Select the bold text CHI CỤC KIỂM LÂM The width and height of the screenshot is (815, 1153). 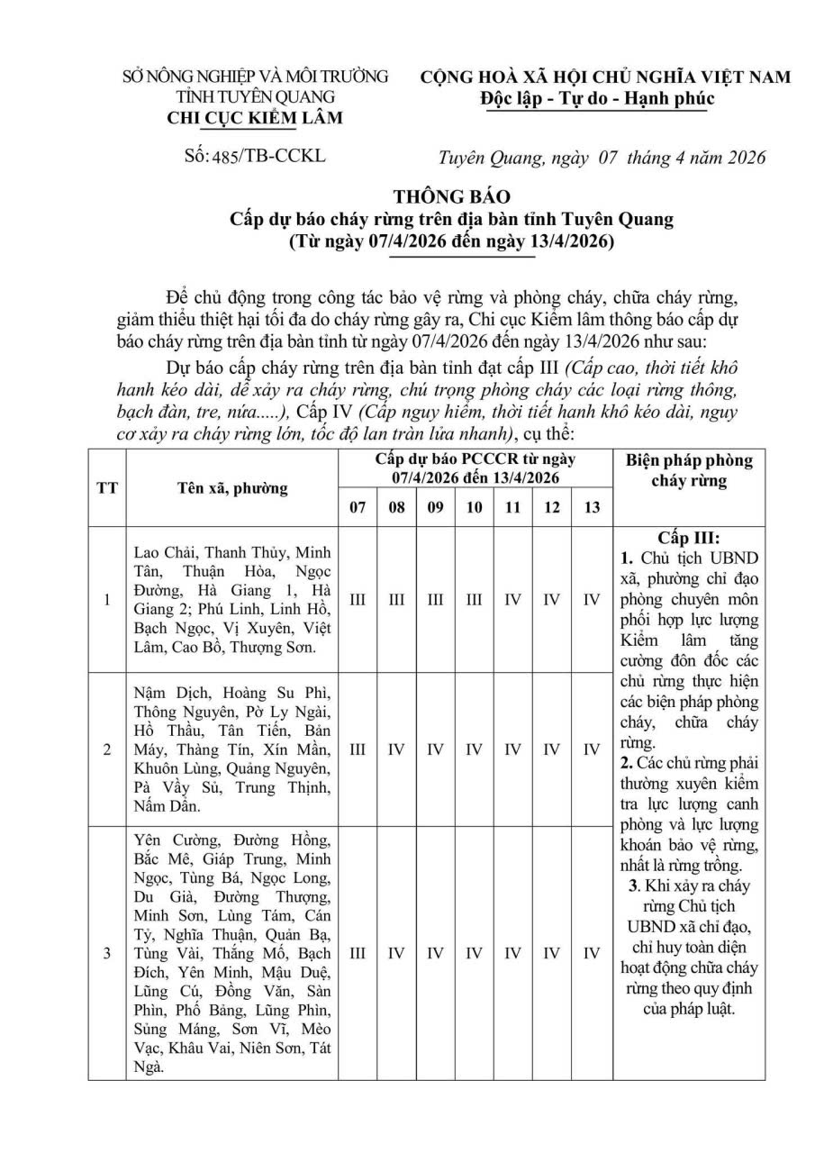256,118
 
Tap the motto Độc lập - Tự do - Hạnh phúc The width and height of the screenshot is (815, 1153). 597,98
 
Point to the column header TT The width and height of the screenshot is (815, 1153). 106,487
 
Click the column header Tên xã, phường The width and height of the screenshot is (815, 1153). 232,487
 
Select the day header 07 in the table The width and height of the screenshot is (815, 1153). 358,507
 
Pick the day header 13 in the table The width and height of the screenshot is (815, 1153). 591,507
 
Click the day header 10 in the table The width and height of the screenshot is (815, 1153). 474,507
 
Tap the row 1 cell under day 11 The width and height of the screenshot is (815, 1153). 512,599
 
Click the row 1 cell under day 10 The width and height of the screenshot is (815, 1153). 474,599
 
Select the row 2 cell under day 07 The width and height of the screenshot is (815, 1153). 358,749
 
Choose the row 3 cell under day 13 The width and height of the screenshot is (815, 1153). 591,952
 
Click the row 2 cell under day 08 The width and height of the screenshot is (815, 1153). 396,749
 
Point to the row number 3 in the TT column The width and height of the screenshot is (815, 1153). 106,952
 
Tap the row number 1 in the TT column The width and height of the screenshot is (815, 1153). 106,599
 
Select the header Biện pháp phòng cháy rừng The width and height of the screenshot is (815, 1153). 689,470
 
